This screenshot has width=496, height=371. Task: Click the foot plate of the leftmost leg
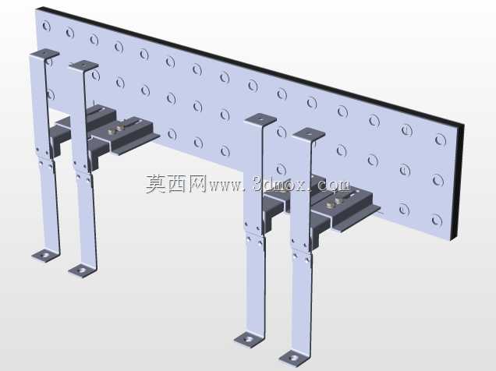[45, 255]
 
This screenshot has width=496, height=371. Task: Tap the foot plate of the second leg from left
[82, 270]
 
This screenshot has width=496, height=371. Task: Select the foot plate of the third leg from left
[249, 340]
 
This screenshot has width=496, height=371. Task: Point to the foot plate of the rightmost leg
[294, 359]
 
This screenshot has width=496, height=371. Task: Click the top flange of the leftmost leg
[45, 54]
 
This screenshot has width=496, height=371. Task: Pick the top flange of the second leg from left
[83, 65]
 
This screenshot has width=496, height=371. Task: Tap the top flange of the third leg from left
[260, 119]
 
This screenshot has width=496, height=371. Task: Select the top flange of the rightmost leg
[308, 134]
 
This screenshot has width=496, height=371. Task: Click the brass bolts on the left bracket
[115, 129]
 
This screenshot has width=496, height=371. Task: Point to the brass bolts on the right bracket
[334, 203]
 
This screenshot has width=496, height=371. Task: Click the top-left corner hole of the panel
[47, 26]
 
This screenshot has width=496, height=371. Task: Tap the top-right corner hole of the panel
[441, 140]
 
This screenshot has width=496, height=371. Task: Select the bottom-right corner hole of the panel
[437, 221]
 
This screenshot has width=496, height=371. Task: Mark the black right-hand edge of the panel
[458, 180]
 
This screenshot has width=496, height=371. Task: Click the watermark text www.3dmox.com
[280, 185]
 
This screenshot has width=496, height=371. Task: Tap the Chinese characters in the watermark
[176, 184]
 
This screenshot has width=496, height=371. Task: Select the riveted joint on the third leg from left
[254, 233]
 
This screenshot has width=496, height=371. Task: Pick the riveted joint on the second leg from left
[82, 171]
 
